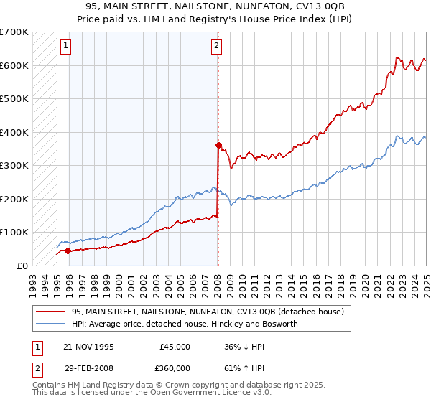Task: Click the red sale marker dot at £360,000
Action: pyautogui.click(x=218, y=145)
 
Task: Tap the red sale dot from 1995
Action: pyautogui.click(x=68, y=251)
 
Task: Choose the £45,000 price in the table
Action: pyautogui.click(x=175, y=347)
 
